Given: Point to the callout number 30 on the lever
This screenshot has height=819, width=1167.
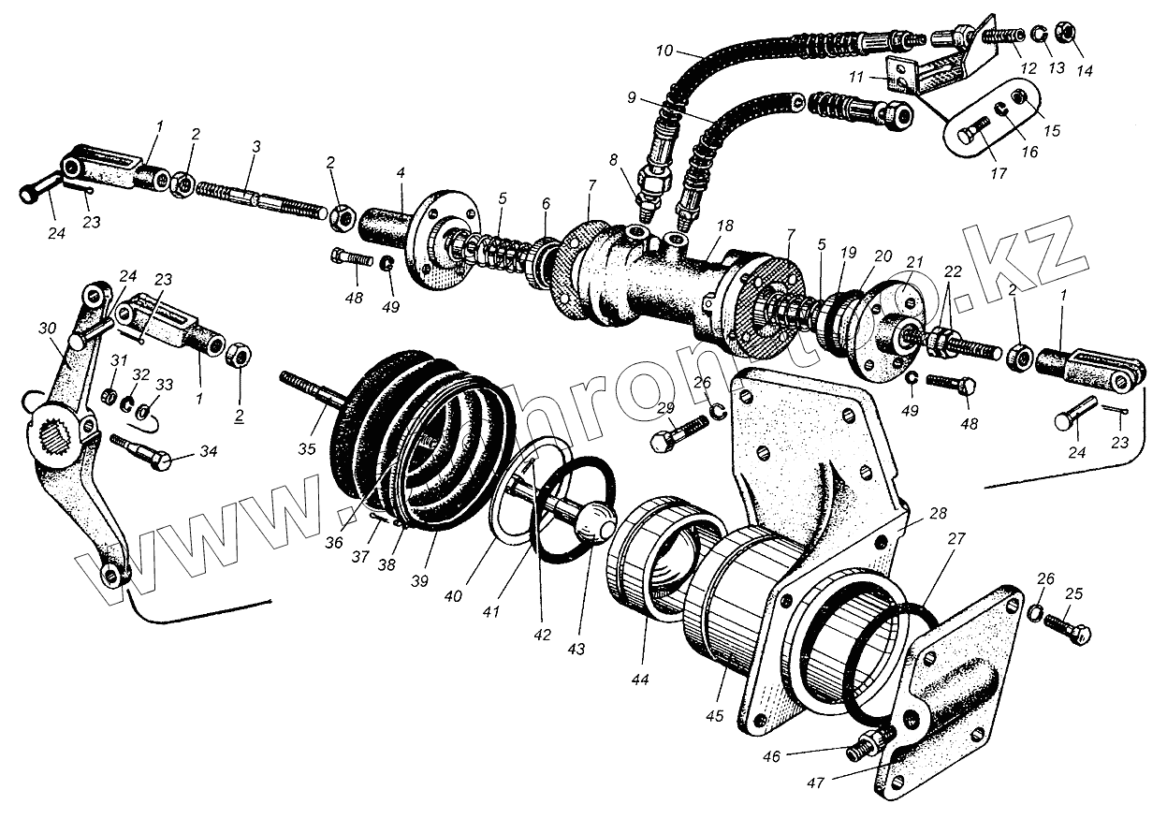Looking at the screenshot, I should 48,328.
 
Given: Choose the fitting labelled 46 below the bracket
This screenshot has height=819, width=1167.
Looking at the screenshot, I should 867,748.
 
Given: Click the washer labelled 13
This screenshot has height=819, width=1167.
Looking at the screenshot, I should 1039,36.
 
